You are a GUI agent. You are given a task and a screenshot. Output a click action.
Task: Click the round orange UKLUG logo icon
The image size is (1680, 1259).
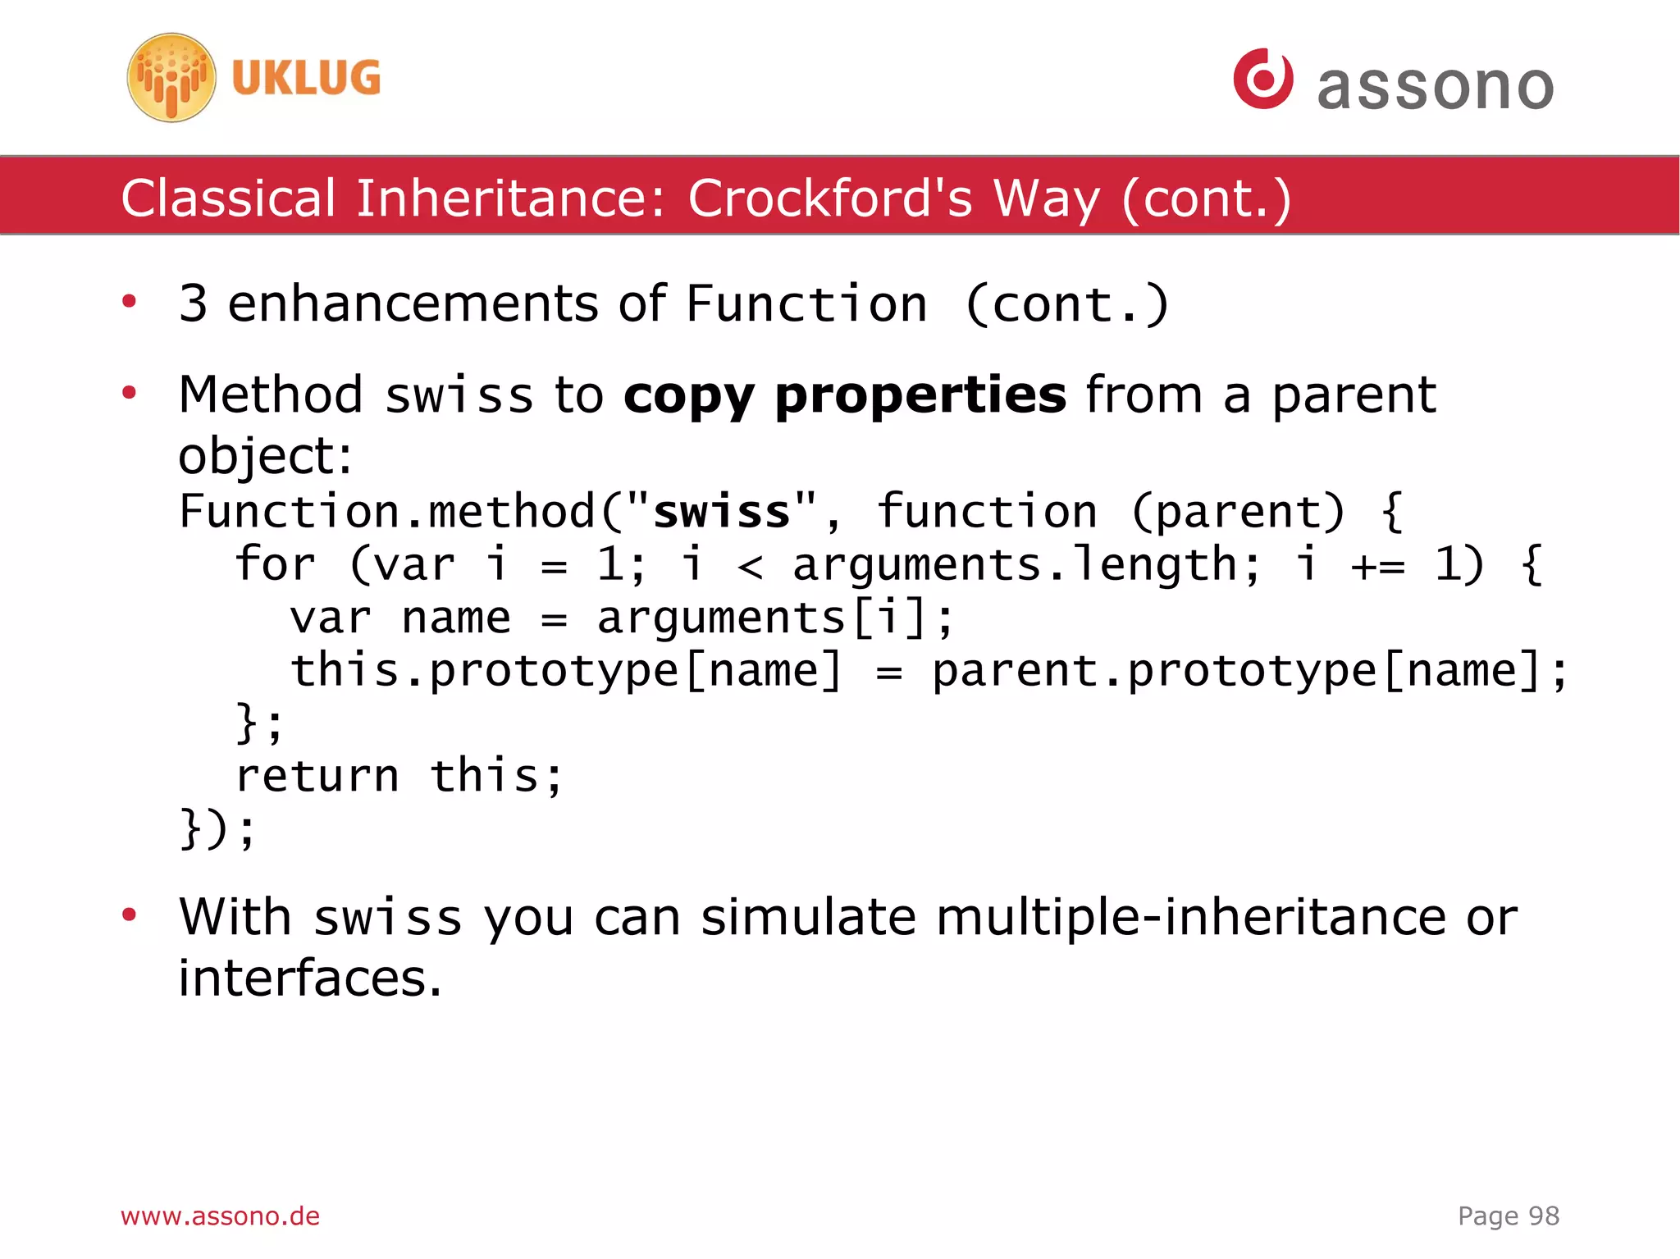pyautogui.click(x=171, y=78)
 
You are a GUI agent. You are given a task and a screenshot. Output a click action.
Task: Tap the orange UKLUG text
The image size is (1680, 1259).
pyautogui.click(x=306, y=79)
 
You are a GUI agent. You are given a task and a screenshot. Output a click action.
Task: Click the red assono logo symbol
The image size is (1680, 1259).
pyautogui.click(x=1263, y=79)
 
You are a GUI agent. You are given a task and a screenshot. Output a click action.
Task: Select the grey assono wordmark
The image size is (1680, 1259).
pyautogui.click(x=1435, y=86)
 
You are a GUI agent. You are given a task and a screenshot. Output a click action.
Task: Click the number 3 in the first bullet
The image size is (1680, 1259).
pyautogui.click(x=193, y=303)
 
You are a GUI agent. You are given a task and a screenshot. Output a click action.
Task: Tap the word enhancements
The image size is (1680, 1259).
pyautogui.click(x=413, y=303)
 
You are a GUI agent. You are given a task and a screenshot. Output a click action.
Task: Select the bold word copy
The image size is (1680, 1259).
pyautogui.click(x=687, y=396)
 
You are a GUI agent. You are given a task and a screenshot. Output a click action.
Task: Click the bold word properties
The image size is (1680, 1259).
pyautogui.click(x=920, y=396)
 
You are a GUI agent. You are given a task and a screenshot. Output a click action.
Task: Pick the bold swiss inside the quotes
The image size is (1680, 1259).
pyautogui.click(x=722, y=512)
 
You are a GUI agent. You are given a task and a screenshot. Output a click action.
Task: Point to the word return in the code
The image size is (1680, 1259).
pyautogui.click(x=317, y=776)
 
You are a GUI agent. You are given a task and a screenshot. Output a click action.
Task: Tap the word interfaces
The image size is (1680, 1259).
pyautogui.click(x=310, y=978)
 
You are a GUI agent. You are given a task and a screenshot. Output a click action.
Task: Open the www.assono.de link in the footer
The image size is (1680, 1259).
pyautogui.click(x=220, y=1216)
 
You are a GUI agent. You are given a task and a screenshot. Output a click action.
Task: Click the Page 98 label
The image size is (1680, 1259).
pyautogui.click(x=1508, y=1216)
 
